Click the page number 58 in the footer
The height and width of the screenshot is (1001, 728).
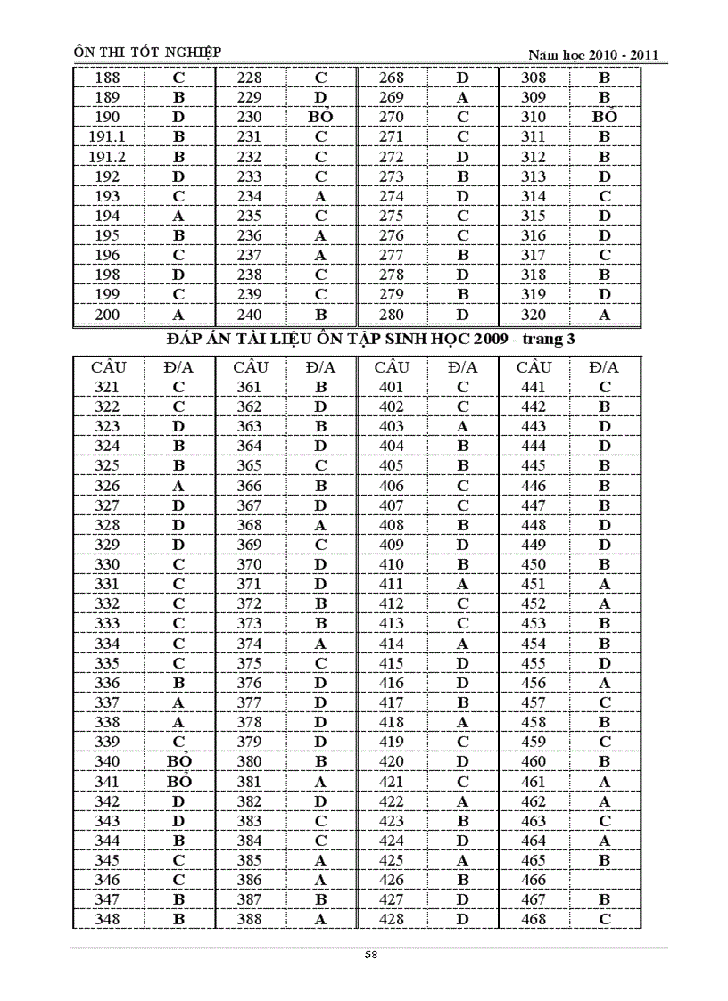tap(370, 955)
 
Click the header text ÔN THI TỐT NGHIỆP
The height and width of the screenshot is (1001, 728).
tap(147, 53)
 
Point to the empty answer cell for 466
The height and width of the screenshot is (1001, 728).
tap(604, 880)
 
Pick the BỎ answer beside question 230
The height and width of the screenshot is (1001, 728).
tap(320, 117)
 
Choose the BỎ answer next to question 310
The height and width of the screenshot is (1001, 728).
tap(604, 117)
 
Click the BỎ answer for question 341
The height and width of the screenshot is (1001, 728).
tap(178, 782)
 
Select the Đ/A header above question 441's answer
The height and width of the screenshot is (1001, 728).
tap(604, 367)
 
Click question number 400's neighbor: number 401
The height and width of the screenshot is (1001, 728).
tap(392, 387)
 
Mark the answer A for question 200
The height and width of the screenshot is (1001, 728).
tap(178, 314)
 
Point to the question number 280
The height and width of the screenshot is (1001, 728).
tap(392, 314)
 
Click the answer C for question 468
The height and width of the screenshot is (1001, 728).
tap(604, 919)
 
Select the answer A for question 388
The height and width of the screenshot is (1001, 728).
tap(320, 919)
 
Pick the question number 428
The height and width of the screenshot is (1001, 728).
tap(392, 919)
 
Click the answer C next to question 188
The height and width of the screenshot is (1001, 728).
tap(178, 78)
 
